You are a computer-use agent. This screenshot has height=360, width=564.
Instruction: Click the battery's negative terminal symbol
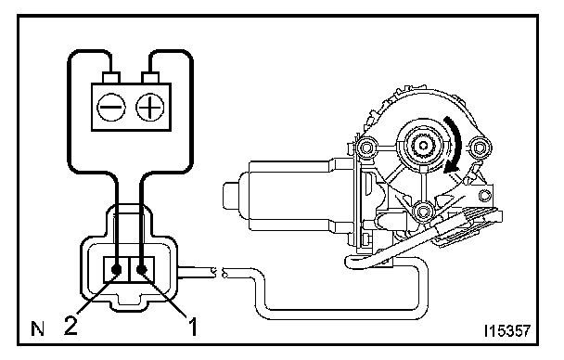111,108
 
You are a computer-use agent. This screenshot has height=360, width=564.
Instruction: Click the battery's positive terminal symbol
150,108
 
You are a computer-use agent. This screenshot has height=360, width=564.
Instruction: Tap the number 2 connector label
70,326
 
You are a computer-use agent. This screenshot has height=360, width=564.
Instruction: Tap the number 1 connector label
193,326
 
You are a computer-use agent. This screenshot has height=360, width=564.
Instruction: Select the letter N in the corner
37,328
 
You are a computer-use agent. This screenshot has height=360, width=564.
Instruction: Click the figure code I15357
507,331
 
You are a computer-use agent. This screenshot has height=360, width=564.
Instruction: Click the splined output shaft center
424,145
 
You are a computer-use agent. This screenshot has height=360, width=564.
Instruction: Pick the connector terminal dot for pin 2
117,269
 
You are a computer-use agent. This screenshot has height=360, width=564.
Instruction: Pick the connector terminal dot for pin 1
142,269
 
